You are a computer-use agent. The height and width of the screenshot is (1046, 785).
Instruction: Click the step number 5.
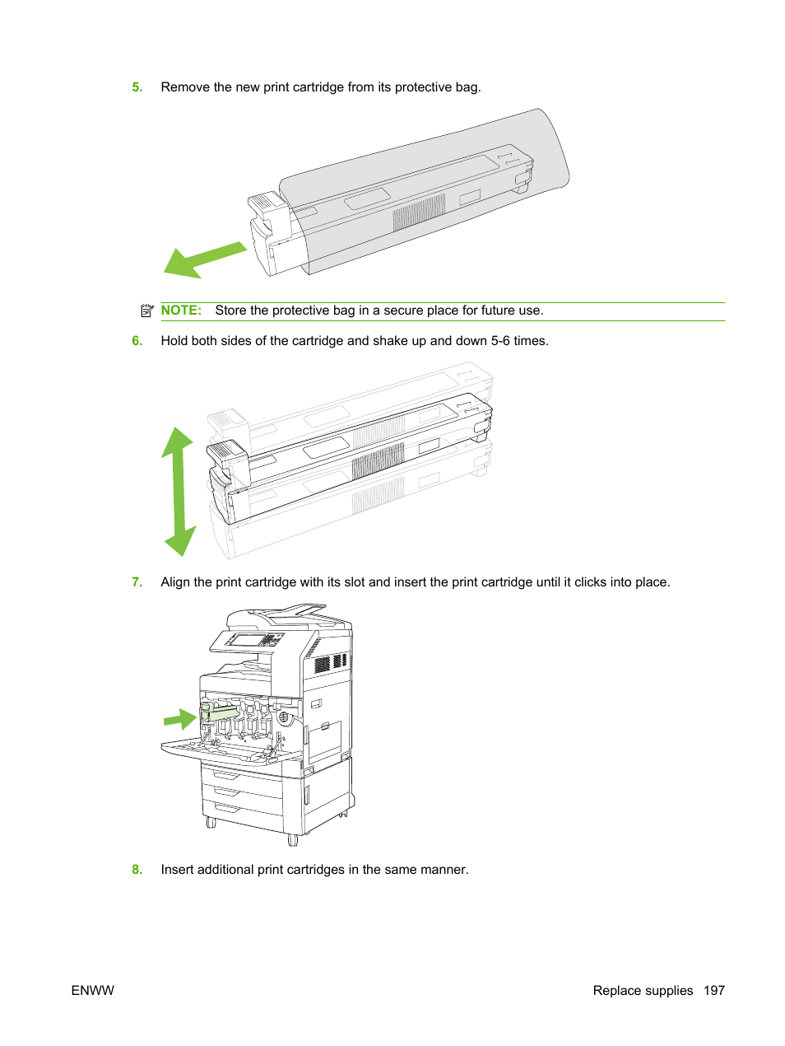tap(137, 87)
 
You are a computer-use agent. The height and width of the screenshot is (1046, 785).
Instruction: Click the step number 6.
tap(137, 341)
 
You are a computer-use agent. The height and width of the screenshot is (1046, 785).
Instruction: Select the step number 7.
tap(137, 582)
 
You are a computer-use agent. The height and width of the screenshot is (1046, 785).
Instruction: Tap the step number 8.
tap(137, 870)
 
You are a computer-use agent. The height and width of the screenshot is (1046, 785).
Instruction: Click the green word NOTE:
tap(181, 311)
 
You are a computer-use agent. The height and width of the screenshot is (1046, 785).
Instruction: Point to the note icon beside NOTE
tap(147, 311)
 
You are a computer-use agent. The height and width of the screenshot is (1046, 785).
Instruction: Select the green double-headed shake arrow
tap(179, 491)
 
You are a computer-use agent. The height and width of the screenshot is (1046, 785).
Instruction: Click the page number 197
tap(713, 991)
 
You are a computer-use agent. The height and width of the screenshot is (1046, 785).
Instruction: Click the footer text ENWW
tap(92, 991)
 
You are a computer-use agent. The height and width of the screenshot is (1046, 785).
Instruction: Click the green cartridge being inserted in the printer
tap(219, 712)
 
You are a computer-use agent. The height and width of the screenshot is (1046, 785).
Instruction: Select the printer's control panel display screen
tap(244, 640)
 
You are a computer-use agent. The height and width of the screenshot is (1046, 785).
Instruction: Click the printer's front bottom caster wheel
tap(292, 840)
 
